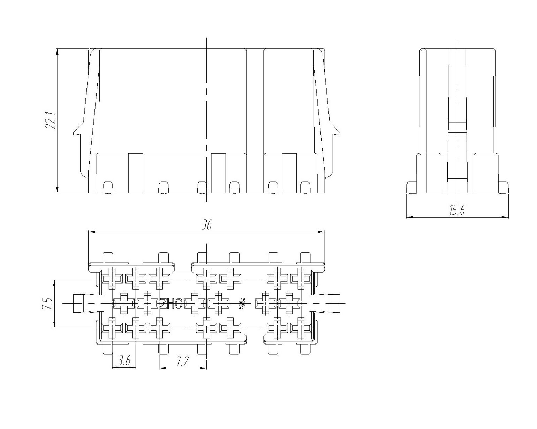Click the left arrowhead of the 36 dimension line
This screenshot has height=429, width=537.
92,232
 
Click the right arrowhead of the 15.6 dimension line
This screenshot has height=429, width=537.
505,217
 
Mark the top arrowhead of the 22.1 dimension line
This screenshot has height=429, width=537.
58,52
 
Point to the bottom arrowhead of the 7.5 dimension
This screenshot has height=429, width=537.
55,324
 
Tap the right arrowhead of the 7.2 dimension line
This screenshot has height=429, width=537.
204,368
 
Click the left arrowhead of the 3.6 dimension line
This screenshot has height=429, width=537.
115,368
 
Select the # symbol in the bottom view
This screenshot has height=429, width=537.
242,304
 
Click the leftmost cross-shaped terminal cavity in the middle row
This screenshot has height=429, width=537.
124,303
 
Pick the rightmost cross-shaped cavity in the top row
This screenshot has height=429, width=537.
301,279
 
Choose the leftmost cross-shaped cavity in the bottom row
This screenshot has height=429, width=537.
112,328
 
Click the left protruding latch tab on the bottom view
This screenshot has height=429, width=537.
86,303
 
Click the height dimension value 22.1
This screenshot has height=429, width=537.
51,120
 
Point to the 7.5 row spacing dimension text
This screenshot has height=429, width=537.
47,303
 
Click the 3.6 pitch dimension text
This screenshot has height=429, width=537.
124,361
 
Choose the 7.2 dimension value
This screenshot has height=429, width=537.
183,361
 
